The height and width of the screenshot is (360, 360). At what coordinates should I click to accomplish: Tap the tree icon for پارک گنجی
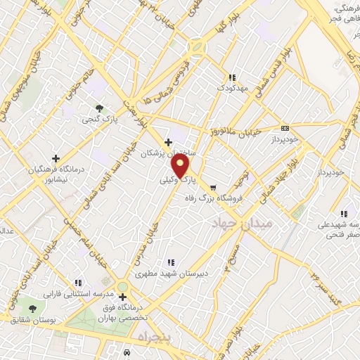(99, 108)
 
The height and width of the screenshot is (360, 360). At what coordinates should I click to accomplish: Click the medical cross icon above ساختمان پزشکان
(168, 142)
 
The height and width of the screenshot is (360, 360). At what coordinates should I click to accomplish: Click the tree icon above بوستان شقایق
(32, 309)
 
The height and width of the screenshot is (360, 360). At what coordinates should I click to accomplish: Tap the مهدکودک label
(231, 88)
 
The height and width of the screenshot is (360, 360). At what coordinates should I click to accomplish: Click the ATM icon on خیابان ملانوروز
(285, 128)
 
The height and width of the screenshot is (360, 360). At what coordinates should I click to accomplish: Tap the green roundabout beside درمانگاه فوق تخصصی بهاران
(123, 285)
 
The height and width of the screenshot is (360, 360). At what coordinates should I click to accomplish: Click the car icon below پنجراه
(126, 352)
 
